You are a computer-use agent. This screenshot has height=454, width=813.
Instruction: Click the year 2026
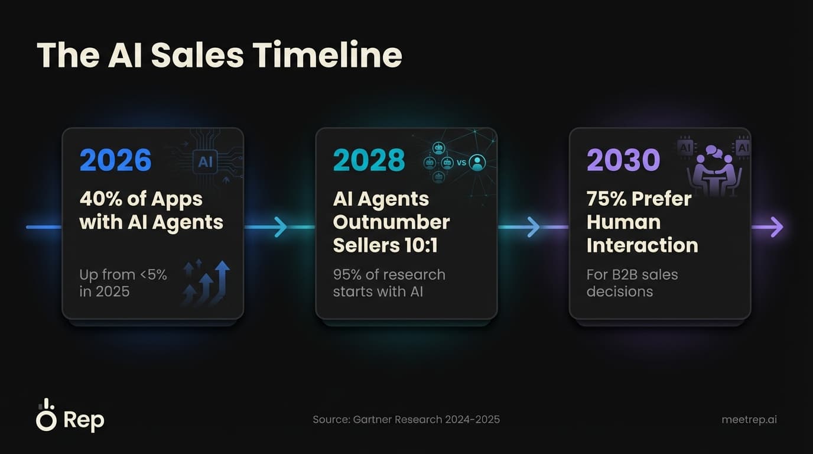115,160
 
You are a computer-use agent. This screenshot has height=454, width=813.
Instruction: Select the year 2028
369,160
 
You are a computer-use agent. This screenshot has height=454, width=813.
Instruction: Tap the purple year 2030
623,160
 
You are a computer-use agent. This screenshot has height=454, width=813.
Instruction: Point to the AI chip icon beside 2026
205,161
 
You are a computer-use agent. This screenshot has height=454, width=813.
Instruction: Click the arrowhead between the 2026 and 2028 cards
280,227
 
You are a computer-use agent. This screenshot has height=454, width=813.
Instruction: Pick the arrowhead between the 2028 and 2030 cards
534,227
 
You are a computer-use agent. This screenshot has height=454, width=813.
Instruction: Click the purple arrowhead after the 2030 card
776,227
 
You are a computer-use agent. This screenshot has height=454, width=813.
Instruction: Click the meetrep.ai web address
749,420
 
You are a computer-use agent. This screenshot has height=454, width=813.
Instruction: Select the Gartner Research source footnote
406,420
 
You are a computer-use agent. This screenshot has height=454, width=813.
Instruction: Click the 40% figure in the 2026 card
100,199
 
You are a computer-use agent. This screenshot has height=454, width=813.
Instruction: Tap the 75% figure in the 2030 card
606,199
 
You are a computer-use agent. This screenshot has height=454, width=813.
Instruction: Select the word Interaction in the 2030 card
642,245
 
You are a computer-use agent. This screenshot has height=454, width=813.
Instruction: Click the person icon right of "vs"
477,162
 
